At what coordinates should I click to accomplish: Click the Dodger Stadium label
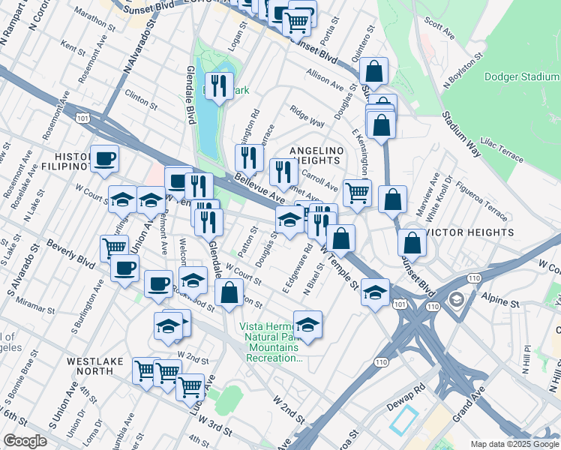pyautogui.click(x=521, y=76)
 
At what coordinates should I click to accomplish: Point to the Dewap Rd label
pyautogui.click(x=410, y=389)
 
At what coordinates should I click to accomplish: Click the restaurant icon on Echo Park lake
pyautogui.click(x=218, y=85)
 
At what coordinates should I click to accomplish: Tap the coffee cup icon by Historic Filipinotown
pyautogui.click(x=104, y=158)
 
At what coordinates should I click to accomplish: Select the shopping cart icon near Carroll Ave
pyautogui.click(x=357, y=192)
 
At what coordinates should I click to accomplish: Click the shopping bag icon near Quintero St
pyautogui.click(x=373, y=72)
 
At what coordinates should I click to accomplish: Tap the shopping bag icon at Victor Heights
pyautogui.click(x=412, y=242)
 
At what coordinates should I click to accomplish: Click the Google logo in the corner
pyautogui.click(x=25, y=441)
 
